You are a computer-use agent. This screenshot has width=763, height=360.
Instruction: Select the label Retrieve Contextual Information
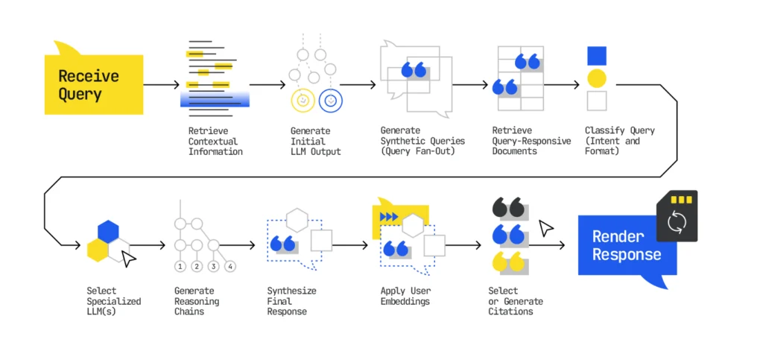215,141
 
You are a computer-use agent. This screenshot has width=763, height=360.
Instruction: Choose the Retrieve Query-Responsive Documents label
531,141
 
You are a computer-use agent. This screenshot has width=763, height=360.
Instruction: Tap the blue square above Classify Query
596,56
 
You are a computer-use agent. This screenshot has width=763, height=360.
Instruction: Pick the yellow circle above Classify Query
596,78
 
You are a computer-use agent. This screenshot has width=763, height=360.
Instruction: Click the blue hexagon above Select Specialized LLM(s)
108,230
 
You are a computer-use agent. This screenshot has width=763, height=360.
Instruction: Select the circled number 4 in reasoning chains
230,266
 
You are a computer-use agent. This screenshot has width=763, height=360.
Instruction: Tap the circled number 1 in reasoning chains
180,266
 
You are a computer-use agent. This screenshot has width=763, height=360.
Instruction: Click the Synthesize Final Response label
287,301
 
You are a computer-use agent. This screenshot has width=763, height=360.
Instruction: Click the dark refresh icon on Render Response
676,222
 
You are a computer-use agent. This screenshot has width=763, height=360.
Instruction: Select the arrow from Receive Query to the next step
161,85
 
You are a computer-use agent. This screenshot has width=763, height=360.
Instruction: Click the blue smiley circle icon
330,99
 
